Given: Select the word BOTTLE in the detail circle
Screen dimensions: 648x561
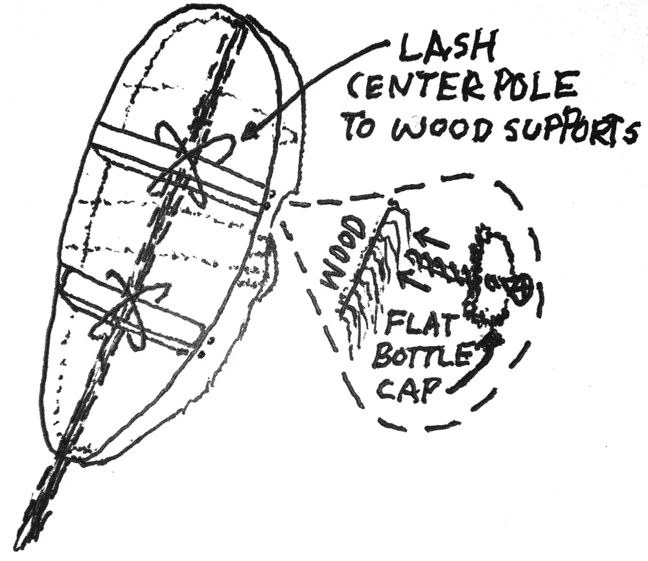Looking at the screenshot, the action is tap(417, 356).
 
